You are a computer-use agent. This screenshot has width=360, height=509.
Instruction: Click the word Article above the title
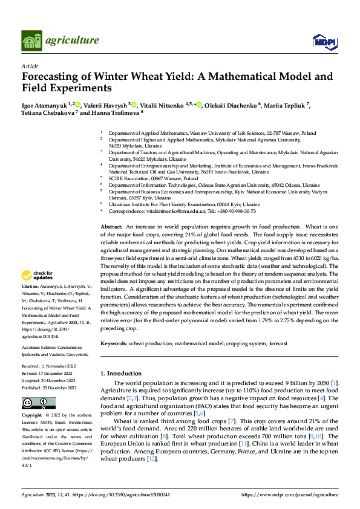[x=30, y=65]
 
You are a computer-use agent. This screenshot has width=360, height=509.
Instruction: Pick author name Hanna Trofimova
[x=120, y=112]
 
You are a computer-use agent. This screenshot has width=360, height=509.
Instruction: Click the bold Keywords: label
[x=114, y=343]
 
